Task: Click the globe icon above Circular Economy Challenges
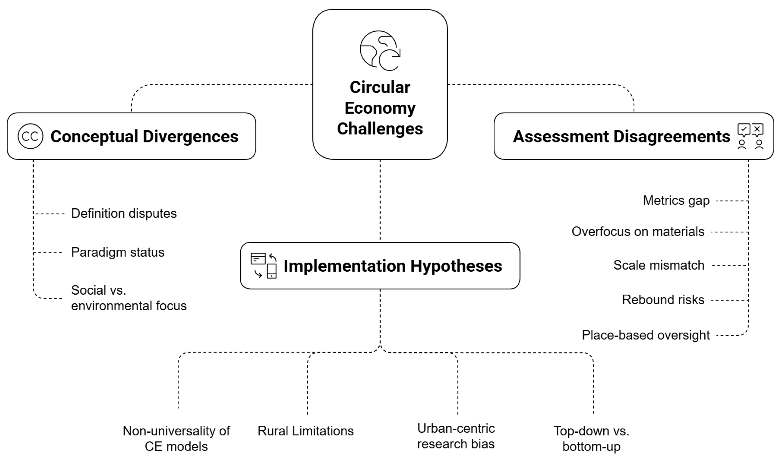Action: coord(380,51)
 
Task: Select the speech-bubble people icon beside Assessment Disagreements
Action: coord(750,136)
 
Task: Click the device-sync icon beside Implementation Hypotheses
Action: coord(263,265)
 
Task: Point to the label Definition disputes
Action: coord(124,214)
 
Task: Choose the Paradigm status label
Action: coord(118,252)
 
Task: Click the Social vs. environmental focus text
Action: coord(129,298)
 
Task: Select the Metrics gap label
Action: coord(676,201)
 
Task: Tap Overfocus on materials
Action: coord(638,232)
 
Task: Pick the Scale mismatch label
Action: coord(659,265)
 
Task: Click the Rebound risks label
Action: coord(663,300)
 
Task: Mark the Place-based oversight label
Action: coord(646,335)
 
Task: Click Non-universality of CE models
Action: coord(176,439)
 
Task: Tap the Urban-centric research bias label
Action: coord(456,436)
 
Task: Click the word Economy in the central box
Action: coord(380,108)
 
